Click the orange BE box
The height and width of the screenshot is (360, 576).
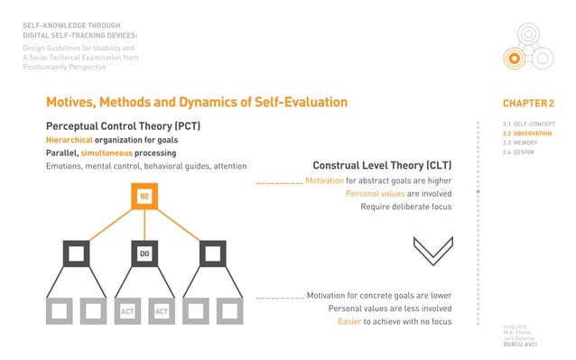tap(144, 196)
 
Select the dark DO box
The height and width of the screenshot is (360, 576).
tap(144, 254)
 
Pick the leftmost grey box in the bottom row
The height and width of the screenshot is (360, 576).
tap(60, 311)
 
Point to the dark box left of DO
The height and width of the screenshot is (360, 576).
tap(77, 254)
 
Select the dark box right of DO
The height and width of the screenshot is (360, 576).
tap(212, 254)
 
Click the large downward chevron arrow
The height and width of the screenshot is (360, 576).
tap(432, 250)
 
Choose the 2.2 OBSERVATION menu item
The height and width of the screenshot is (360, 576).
tap(527, 134)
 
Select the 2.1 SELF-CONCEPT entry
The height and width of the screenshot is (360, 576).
tap(527, 124)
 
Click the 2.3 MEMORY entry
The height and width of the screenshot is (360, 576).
tap(520, 143)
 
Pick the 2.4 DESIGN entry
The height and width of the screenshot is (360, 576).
tap(519, 152)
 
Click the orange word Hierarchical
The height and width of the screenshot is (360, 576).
tap(75, 141)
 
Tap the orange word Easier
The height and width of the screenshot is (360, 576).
tap(350, 322)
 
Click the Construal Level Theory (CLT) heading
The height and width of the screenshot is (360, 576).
tap(382, 166)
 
